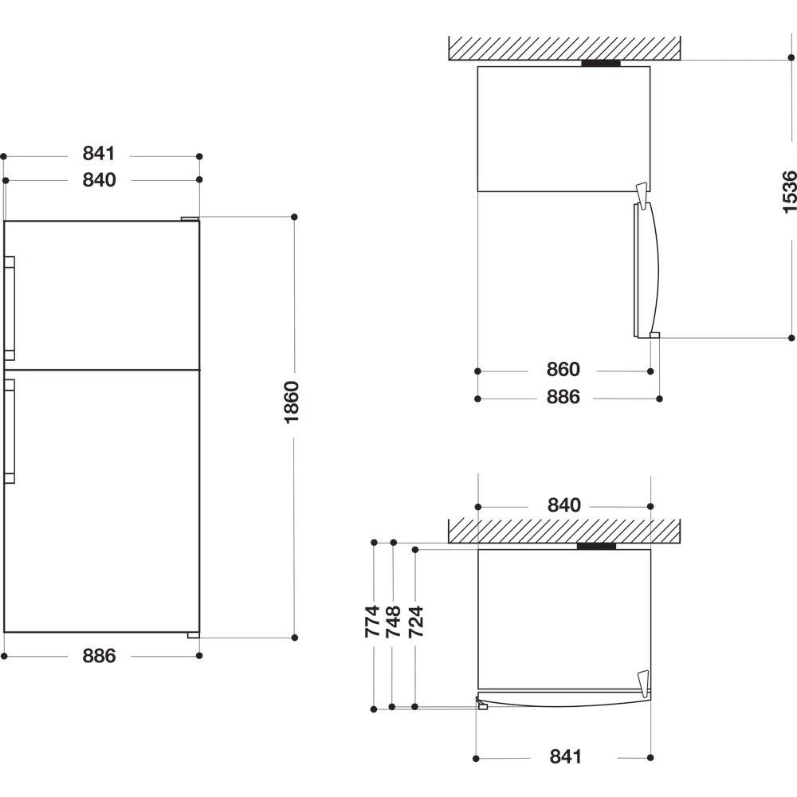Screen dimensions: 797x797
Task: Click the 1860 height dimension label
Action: coord(292,402)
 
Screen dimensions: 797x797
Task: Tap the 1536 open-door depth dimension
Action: coord(789,191)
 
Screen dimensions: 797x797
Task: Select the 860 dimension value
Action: coord(563,370)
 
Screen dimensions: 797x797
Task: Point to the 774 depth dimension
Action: coord(372,621)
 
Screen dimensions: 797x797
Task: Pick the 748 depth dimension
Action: coord(394,621)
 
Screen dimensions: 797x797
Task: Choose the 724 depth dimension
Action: coord(416,621)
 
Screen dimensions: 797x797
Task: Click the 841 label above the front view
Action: coord(99,153)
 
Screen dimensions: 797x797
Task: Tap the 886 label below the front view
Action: coord(99,656)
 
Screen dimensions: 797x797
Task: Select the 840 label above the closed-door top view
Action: coord(563,505)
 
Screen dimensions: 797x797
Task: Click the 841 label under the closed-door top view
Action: coord(565,757)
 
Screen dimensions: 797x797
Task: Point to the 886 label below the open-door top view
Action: coord(563,397)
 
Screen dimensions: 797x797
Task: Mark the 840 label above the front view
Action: coord(99,180)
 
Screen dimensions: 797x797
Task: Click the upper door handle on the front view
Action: coord(9,308)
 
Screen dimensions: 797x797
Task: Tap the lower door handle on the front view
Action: coord(9,430)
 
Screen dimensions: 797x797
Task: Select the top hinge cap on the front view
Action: coord(190,218)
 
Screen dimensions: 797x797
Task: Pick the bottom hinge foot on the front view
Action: coord(193,635)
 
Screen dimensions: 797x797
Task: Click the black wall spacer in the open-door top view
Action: coord(601,64)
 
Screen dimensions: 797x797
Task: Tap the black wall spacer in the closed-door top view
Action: coord(596,547)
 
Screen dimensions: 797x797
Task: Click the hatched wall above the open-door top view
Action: coord(564,49)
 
